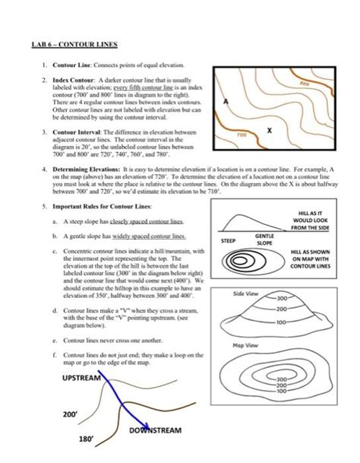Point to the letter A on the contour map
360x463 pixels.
pyautogui.click(x=226, y=101)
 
